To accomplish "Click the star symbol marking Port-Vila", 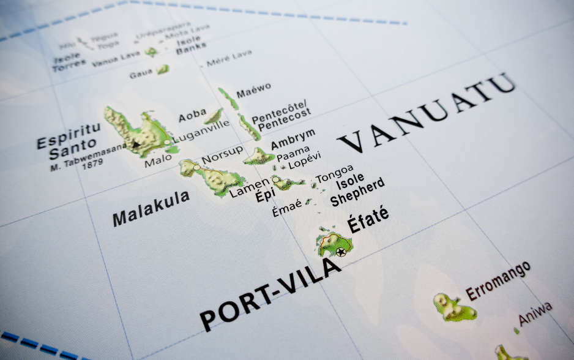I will tap(341, 252).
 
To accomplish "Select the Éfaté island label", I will tap(368, 220).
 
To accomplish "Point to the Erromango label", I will tap(498, 280).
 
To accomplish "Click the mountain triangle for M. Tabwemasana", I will tap(135, 146).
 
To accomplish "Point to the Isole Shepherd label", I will tap(358, 190).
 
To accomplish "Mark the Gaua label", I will tap(141, 75).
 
